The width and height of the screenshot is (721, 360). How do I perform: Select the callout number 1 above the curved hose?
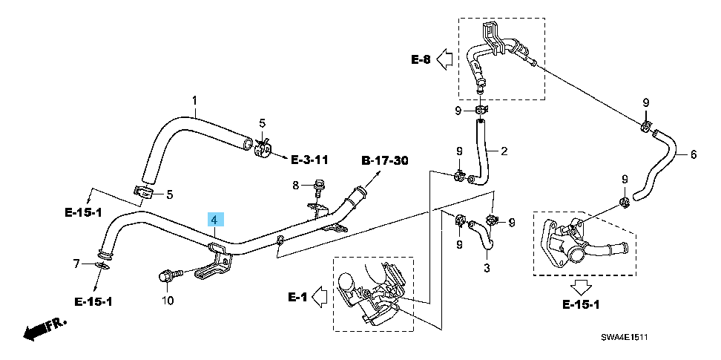195,100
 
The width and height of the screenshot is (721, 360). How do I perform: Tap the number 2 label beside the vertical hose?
504,152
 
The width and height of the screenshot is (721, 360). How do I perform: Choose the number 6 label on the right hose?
694,155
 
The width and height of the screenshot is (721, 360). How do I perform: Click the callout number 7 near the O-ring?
76,263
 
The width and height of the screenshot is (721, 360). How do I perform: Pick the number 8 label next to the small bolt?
295,185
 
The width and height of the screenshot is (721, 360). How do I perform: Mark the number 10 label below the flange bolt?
168,301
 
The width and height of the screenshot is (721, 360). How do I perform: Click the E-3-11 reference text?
309,160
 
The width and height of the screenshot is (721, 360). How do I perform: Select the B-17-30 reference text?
385,160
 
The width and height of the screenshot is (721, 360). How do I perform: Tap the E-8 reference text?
421,59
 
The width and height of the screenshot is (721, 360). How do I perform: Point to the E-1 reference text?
297,297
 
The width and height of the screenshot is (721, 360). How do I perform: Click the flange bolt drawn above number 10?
165,277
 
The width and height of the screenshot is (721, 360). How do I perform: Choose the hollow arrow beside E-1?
320,297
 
